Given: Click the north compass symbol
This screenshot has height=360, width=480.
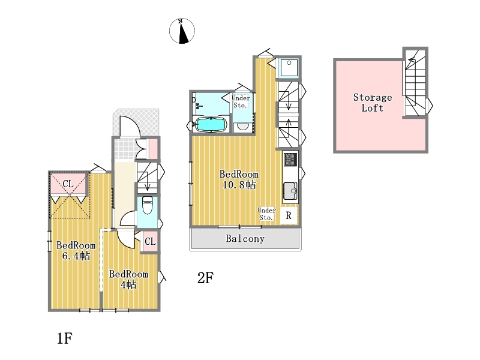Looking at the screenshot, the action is tap(182, 31).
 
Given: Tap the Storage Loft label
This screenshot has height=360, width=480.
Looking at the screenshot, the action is tap(373, 103).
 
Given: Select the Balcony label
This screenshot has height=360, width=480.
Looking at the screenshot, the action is tap(245, 238).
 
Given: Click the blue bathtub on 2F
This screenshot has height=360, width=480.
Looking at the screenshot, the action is tap(211, 124).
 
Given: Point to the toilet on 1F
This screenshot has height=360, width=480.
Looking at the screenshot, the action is tap(147, 205).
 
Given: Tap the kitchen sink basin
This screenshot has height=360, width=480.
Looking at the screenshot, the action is tap(290, 191).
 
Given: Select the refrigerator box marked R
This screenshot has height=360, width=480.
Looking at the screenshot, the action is tap(289, 215).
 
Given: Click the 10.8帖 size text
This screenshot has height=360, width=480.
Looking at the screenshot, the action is tap(239, 185).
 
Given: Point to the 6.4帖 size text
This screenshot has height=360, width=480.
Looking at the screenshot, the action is tap(76, 256).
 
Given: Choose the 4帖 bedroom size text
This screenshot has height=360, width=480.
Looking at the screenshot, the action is tap(128, 284).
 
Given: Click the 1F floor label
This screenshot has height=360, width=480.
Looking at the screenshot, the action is tap(65, 338).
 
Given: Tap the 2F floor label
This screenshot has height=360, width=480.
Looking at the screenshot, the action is tap(205, 278).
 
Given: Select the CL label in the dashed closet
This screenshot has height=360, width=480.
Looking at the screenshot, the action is tap(68, 184).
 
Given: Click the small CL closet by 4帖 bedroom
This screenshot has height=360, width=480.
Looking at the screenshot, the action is tap(150, 242).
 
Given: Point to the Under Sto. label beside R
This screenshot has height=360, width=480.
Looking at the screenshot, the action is tap(266, 214).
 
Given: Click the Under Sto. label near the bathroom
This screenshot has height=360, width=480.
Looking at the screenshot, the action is tap(241, 101).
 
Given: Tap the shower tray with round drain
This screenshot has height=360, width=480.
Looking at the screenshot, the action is tap(289, 68).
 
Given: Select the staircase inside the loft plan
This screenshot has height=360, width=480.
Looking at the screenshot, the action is tap(415, 83).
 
